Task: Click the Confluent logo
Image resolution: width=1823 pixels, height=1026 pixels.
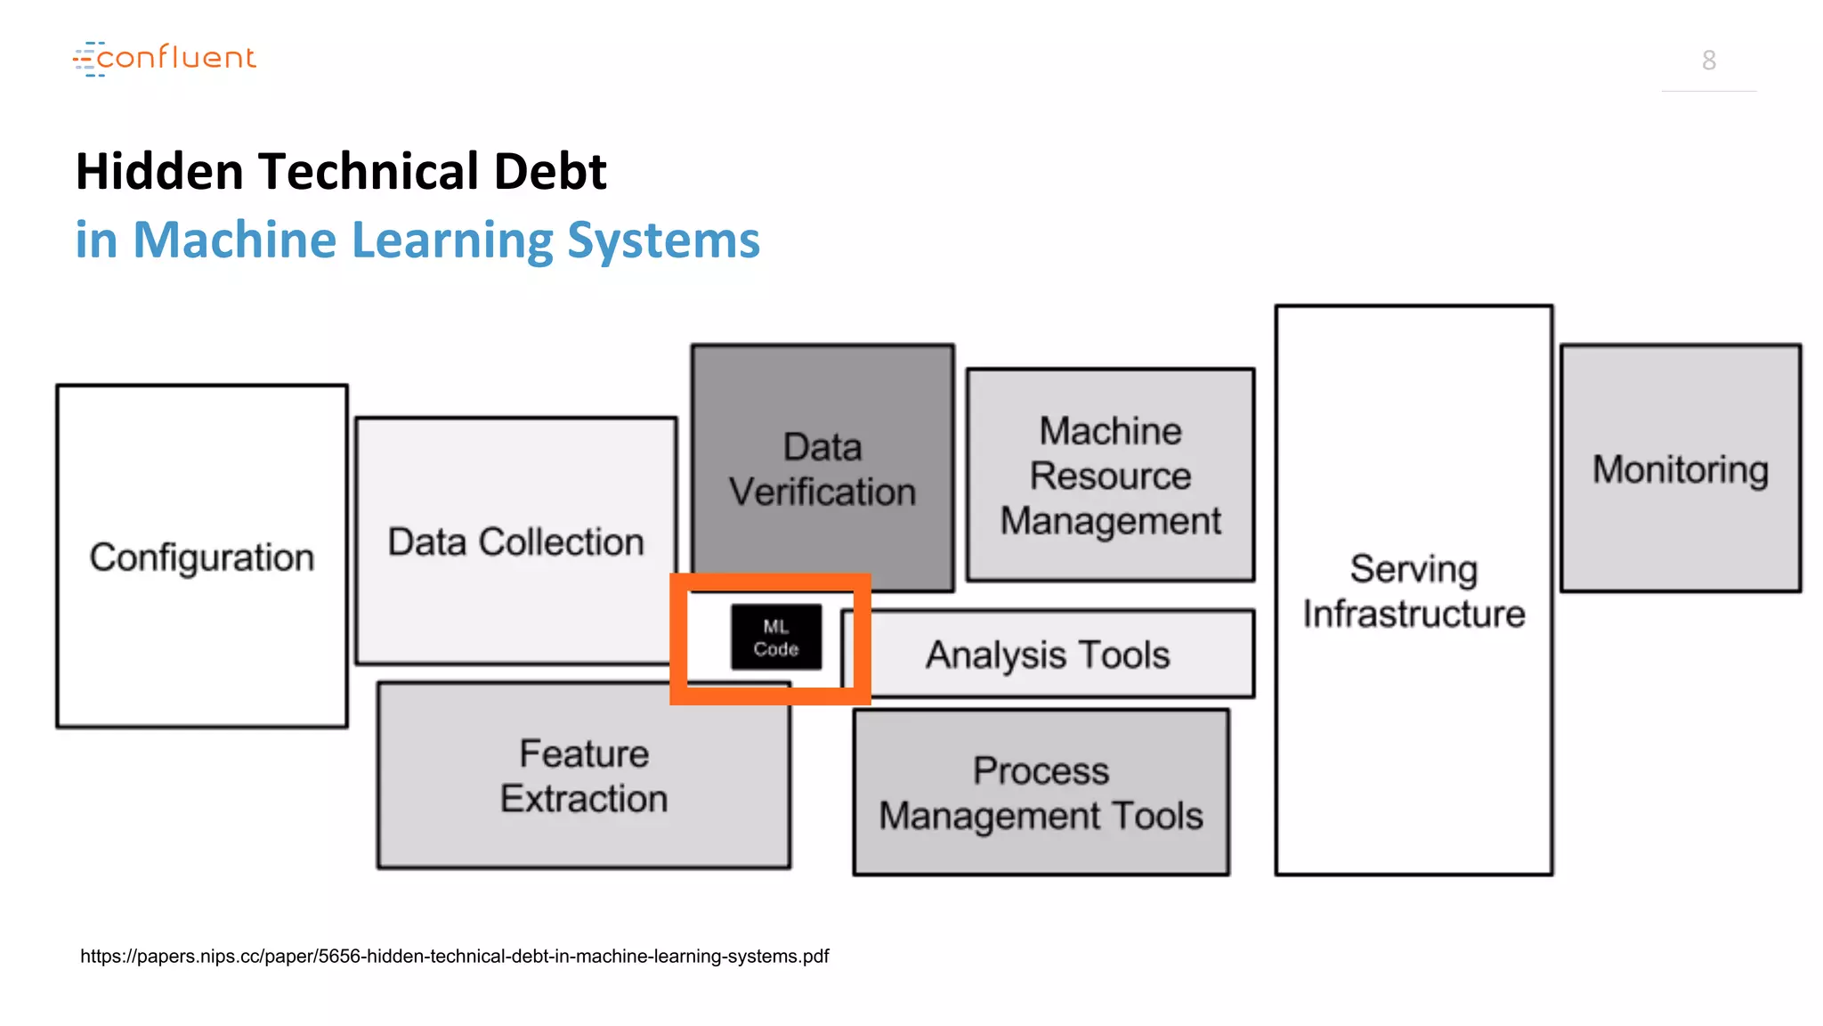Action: point(165,58)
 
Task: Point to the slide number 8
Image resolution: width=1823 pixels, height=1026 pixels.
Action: point(1708,61)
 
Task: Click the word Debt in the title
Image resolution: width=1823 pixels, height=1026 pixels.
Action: point(549,171)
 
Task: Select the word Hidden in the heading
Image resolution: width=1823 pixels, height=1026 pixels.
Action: point(159,171)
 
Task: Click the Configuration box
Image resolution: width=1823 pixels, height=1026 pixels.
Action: point(202,557)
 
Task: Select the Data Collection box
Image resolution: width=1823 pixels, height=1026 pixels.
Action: point(515,541)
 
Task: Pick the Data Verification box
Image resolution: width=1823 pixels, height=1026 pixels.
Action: point(822,468)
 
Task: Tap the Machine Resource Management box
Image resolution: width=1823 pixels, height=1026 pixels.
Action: point(1110,476)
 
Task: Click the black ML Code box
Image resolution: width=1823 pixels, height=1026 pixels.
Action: point(776,638)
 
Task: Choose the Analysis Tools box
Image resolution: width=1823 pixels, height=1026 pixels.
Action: point(1048,655)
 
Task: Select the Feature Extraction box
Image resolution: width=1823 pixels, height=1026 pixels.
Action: point(584,776)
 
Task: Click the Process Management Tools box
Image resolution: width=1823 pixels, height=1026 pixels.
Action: point(1041,793)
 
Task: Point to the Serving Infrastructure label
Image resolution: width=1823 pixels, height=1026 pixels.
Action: point(1414,591)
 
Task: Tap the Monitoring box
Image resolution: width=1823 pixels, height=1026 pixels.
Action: point(1681,469)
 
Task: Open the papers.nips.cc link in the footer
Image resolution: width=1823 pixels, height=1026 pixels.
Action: point(454,957)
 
